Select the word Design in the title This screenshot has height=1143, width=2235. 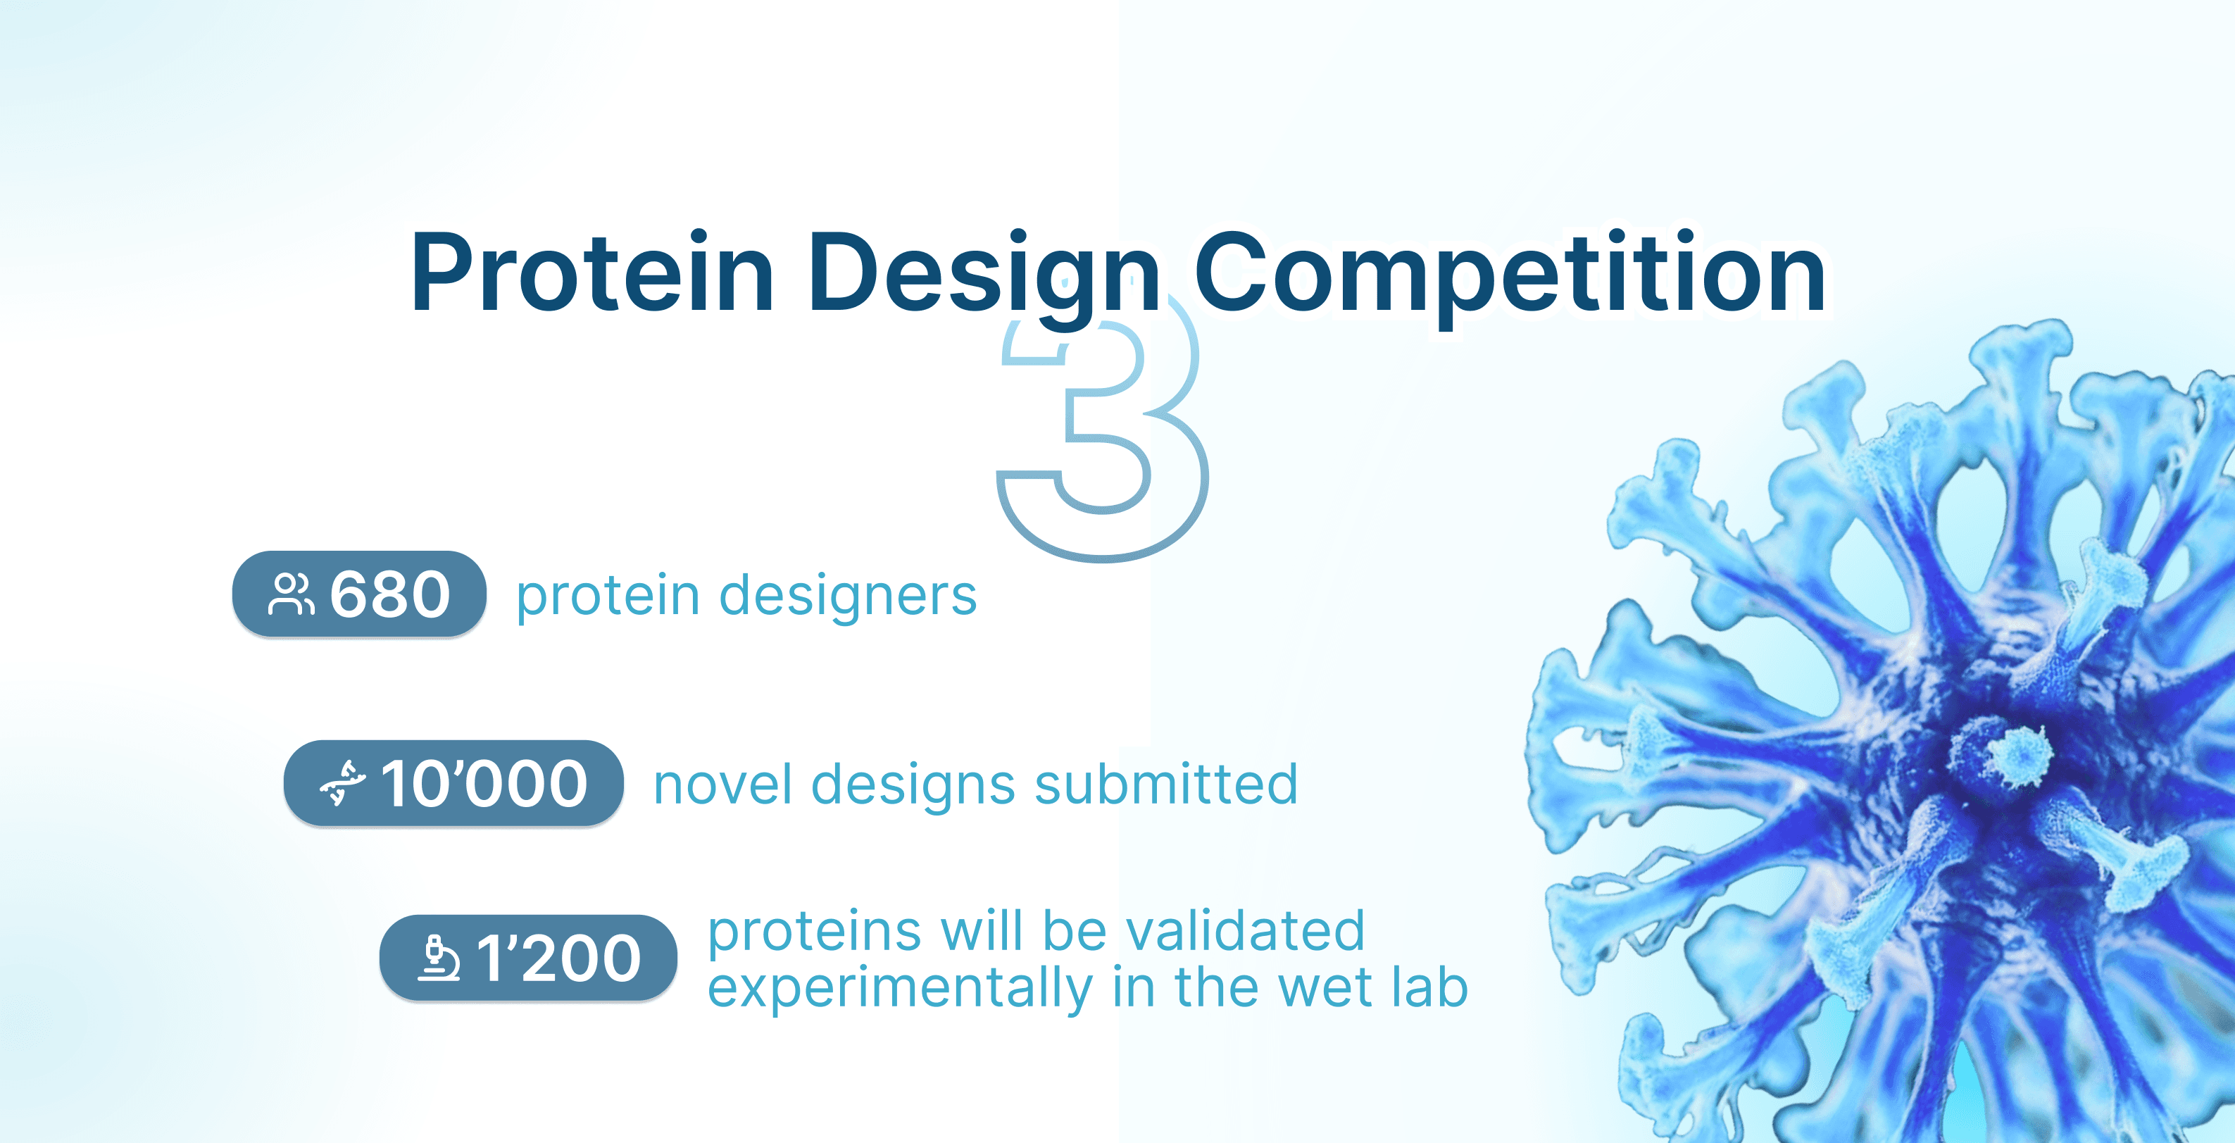(984, 277)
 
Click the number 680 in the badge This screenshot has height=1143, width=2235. (390, 594)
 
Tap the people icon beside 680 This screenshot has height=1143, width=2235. (291, 594)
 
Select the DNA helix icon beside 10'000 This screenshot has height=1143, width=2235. (343, 783)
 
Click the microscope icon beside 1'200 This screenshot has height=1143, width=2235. (439, 958)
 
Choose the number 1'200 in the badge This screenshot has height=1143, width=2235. (560, 958)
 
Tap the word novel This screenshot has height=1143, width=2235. (722, 785)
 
